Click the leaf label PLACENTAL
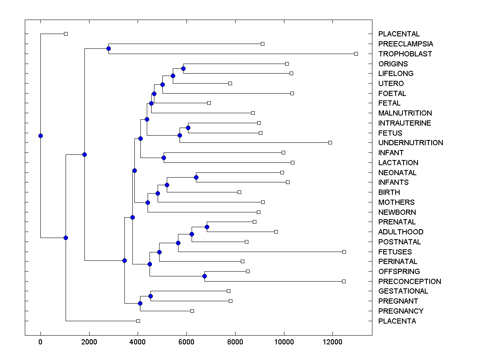click(x=399, y=34)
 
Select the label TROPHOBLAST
click(x=405, y=54)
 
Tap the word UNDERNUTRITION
click(x=410, y=143)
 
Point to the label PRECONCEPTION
click(x=410, y=282)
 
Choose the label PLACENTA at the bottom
click(x=397, y=321)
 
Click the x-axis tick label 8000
click(x=235, y=341)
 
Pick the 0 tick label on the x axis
click(x=40, y=341)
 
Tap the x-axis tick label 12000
click(x=332, y=341)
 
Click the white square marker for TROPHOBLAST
click(x=356, y=54)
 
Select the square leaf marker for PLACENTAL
click(x=66, y=34)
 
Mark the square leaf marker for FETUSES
click(x=344, y=252)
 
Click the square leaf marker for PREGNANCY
click(x=192, y=311)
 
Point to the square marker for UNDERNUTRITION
click(x=330, y=142)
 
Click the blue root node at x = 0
click(x=40, y=136)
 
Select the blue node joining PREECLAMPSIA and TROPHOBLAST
click(x=108, y=48)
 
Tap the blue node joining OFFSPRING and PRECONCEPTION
click(x=204, y=276)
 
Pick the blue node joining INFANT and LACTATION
click(x=164, y=158)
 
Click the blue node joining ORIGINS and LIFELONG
click(x=183, y=68)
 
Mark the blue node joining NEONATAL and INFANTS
click(x=196, y=177)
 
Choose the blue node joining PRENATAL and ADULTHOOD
click(x=207, y=227)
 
